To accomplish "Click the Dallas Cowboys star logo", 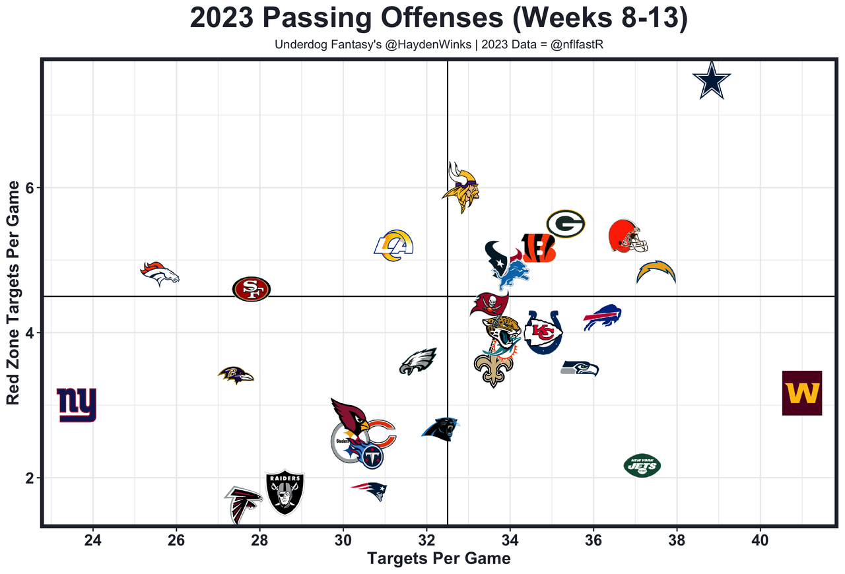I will tap(712, 80).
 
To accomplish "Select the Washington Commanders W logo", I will tap(801, 393).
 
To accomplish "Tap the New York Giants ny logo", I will tap(77, 404).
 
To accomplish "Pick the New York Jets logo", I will tap(642, 465).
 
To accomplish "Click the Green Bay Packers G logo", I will tap(566, 224).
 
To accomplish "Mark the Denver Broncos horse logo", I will tap(160, 273).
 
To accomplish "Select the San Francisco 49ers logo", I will tap(252, 288).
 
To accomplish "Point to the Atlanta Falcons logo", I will tap(243, 504).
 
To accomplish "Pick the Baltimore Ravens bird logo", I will tap(235, 375).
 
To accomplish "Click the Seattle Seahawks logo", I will tap(580, 368).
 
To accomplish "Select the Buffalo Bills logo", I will tap(603, 318).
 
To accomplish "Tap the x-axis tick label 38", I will tap(677, 538).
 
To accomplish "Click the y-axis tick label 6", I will tap(29, 188).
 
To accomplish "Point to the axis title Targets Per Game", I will tap(438, 559).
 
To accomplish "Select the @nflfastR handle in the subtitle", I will tap(578, 45).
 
